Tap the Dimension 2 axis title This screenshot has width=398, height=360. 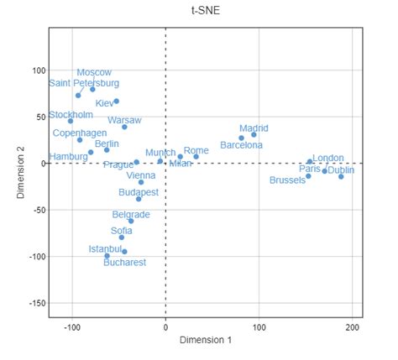(20, 172)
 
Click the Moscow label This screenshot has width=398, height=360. (93, 73)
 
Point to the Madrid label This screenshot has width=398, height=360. (254, 128)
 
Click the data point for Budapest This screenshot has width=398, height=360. (139, 199)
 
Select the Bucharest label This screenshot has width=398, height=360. (124, 263)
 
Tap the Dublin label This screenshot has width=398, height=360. (340, 170)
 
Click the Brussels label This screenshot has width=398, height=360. (287, 180)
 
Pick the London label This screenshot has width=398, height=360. (328, 158)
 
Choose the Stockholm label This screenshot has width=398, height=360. (71, 115)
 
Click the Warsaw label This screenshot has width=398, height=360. (124, 121)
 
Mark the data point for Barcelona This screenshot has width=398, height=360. (241, 138)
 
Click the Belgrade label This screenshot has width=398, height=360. (131, 215)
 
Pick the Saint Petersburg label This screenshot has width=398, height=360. (84, 83)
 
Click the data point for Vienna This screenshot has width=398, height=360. (141, 182)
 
